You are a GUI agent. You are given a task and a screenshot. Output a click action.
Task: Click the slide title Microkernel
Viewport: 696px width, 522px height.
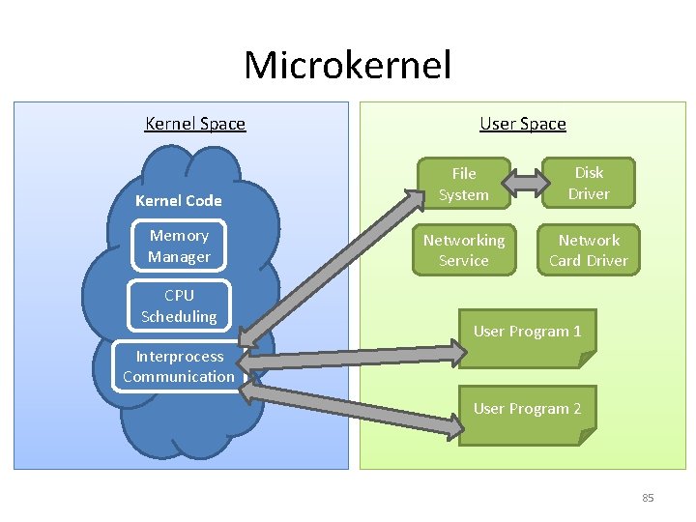[347, 66]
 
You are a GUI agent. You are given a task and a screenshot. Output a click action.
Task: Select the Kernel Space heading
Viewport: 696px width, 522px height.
[195, 124]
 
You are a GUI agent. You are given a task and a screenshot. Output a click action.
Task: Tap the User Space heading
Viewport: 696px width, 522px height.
[523, 124]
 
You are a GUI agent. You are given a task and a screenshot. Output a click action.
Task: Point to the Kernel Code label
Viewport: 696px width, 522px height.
[179, 201]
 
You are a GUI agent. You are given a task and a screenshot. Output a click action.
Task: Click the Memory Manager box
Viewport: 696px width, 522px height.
[179, 246]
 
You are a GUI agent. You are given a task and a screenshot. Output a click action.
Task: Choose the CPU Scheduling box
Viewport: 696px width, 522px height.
[179, 305]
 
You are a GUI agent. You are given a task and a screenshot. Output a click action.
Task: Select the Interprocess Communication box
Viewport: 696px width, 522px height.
[179, 366]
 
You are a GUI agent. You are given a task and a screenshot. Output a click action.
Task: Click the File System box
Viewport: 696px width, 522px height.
[463, 184]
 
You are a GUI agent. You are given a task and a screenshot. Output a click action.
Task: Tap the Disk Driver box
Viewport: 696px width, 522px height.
[589, 183]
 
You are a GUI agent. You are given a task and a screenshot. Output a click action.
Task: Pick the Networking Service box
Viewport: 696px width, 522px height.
[463, 250]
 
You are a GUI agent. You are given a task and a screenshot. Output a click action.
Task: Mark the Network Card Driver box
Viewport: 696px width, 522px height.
[589, 250]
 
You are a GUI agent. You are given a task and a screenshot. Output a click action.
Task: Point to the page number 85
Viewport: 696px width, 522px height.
[648, 498]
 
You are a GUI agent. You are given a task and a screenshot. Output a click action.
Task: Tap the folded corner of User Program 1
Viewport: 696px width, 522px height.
[586, 360]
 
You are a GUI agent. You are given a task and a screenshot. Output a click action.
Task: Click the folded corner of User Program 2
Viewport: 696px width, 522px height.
[586, 437]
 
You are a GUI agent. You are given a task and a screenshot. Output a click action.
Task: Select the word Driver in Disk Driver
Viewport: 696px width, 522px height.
[589, 194]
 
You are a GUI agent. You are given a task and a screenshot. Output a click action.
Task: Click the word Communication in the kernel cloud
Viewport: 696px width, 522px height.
[179, 377]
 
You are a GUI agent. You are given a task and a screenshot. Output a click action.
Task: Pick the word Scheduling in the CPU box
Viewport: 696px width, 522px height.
[179, 317]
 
